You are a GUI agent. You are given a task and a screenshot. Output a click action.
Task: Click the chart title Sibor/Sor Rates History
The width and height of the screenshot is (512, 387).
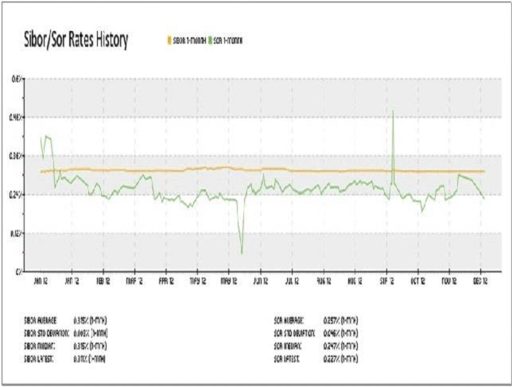[72, 40]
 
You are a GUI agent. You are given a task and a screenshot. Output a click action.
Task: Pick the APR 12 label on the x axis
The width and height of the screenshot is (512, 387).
[165, 281]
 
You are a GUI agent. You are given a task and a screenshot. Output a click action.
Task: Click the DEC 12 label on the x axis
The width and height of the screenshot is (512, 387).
[480, 281]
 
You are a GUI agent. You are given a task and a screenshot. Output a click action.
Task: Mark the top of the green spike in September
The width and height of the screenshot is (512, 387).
[394, 111]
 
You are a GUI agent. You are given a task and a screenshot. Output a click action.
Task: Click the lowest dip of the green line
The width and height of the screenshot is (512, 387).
[242, 253]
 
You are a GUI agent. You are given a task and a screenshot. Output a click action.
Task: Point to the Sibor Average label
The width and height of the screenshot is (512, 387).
[41, 319]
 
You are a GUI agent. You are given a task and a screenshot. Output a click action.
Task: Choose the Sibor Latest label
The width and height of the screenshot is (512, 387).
[41, 359]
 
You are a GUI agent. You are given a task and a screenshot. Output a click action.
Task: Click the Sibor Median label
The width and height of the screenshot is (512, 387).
[41, 346]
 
